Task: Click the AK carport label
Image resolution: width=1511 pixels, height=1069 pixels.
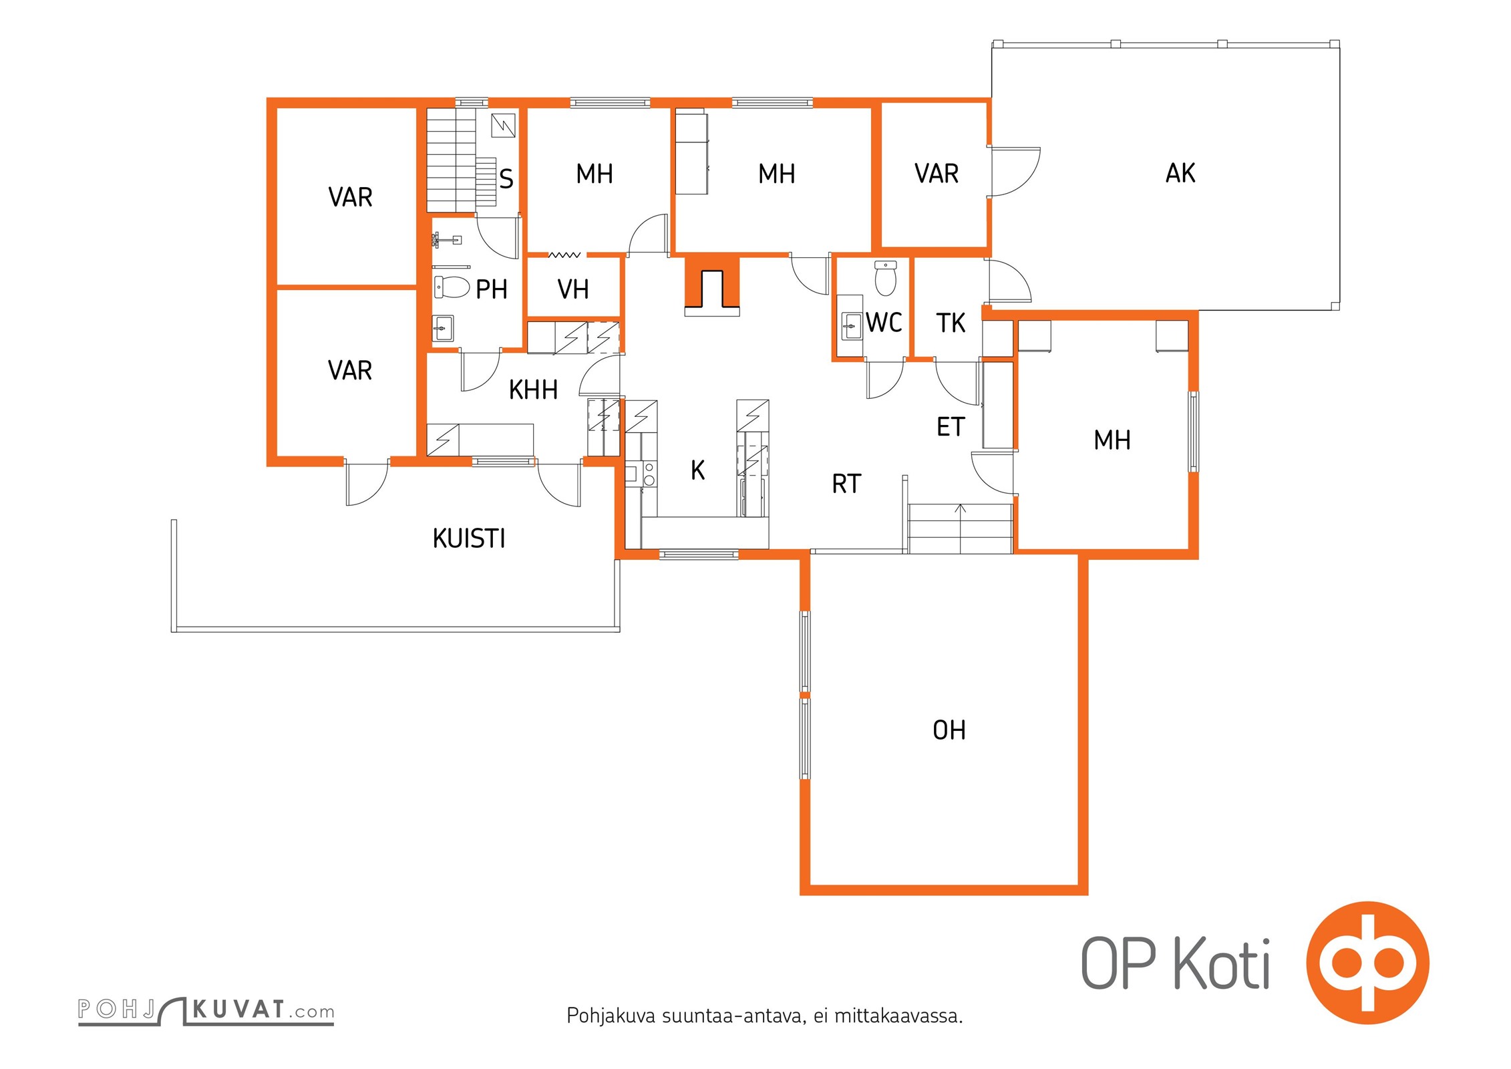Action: pos(1180,173)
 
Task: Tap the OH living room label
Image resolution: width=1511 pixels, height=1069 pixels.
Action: pos(949,730)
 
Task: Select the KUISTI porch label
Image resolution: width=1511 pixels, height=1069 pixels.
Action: pos(469,539)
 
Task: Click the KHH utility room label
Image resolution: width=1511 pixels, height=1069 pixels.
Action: pos(533,390)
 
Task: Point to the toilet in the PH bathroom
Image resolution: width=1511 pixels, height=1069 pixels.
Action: pos(452,287)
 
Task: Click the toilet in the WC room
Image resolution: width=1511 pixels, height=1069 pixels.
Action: pos(886,278)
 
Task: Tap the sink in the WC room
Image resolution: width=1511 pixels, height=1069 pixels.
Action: pos(851,327)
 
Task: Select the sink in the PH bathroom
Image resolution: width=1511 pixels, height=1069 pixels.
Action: pos(443,328)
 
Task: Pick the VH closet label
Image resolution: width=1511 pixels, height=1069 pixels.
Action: pos(573,290)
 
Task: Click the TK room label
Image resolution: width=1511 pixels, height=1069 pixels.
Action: pos(951,323)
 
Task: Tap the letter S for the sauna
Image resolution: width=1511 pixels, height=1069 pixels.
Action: pos(506,178)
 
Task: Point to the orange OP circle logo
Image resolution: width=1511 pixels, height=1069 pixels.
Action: pos(1368,963)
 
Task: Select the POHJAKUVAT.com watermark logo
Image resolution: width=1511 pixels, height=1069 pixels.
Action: pos(206,1010)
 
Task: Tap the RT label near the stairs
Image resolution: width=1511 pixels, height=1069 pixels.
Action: pos(846,484)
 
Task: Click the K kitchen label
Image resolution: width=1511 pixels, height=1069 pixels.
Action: pos(697,470)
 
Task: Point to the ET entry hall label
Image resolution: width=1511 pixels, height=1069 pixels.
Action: pos(951,427)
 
